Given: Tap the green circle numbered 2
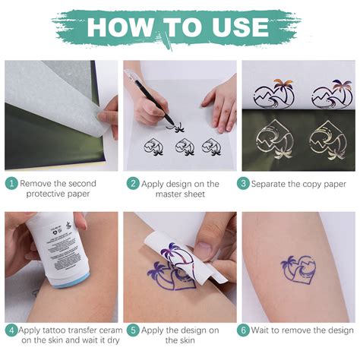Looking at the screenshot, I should tap(133, 184).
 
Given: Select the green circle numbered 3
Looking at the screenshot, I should tap(244, 184).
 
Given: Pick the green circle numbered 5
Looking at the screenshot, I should tap(133, 330).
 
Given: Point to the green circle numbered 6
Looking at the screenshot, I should tap(244, 330).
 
